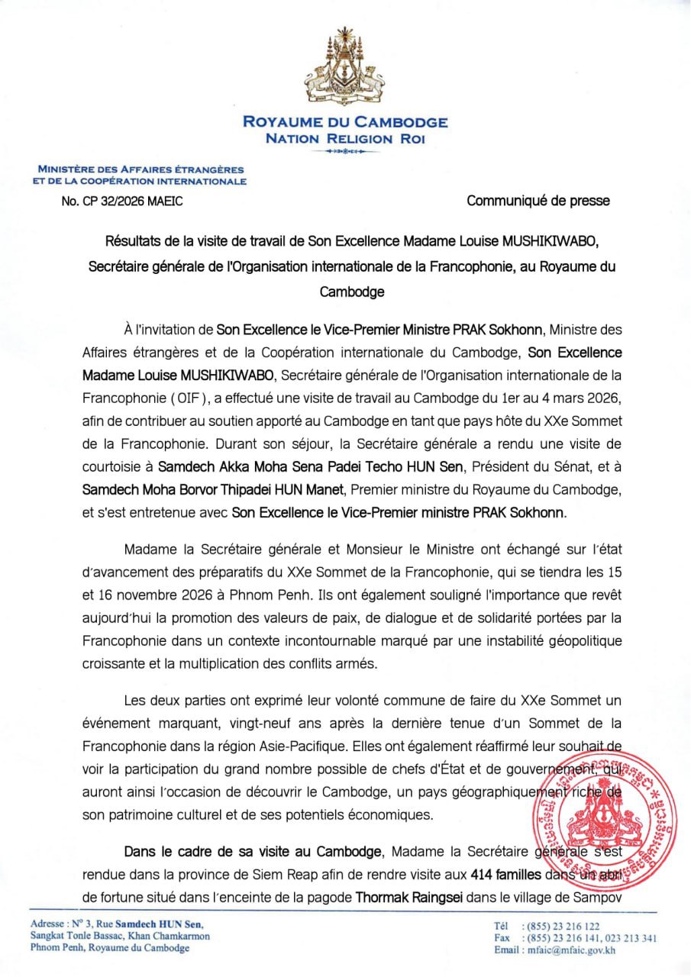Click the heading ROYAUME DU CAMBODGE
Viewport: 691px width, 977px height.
click(x=345, y=122)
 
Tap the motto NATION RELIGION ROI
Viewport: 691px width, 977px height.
click(x=345, y=138)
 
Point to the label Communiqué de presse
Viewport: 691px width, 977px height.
click(x=538, y=201)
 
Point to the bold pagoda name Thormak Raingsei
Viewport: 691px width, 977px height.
click(x=404, y=891)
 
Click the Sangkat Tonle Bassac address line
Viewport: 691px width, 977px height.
click(x=120, y=936)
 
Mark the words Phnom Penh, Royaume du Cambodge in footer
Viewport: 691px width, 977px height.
click(x=110, y=948)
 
